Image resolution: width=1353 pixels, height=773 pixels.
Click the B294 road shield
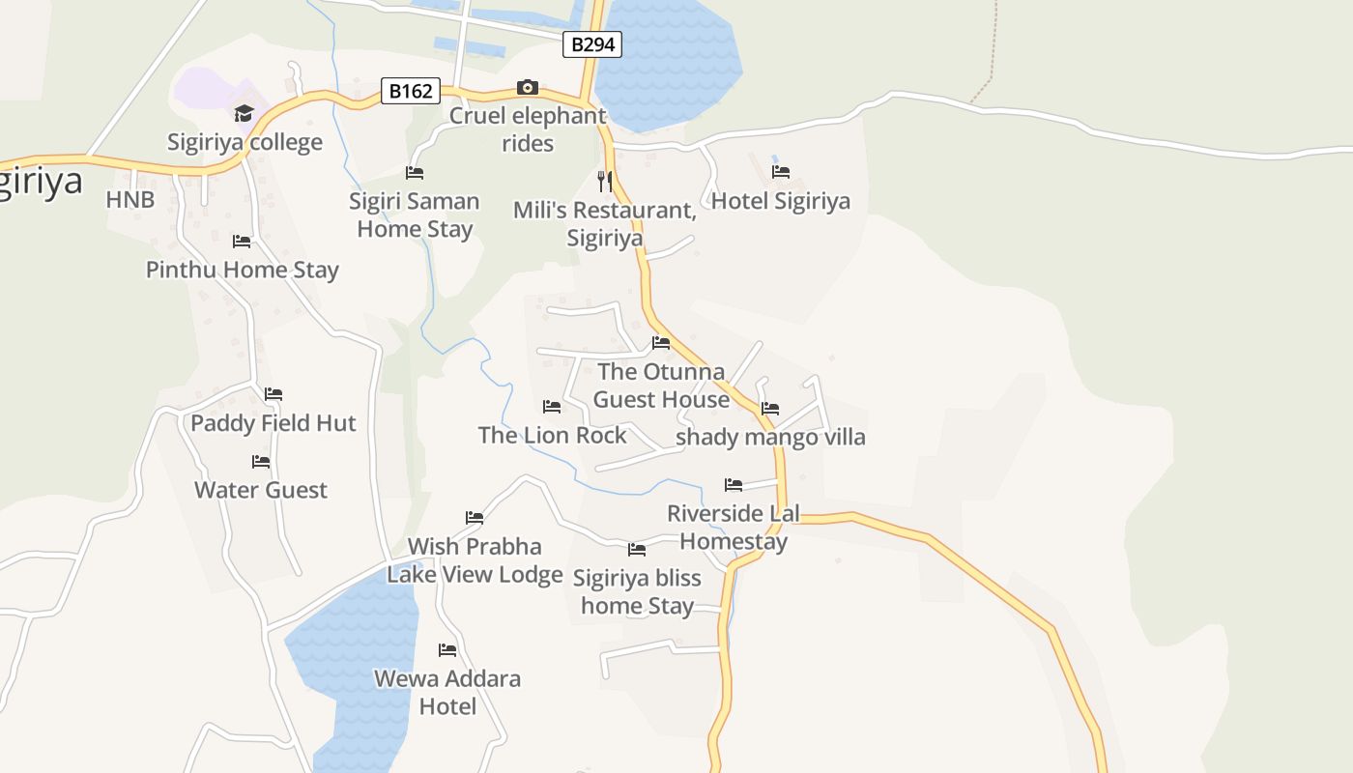[592, 44]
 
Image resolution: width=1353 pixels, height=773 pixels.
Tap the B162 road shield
[410, 92]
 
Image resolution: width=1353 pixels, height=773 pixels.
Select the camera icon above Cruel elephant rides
[527, 88]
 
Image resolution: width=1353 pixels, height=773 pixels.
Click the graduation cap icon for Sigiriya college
[244, 114]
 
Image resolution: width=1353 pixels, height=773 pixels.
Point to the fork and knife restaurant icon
[605, 181]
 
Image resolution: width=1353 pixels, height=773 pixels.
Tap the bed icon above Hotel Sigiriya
[781, 172]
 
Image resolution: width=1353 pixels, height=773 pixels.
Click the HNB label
[130, 200]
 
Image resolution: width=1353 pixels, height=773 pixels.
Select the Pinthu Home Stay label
[243, 270]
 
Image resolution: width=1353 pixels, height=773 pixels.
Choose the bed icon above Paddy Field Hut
[273, 394]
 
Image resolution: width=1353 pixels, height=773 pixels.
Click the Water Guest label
[261, 490]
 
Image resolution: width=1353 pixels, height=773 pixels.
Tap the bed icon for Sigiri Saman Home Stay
[415, 173]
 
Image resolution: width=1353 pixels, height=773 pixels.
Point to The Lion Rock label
[553, 436]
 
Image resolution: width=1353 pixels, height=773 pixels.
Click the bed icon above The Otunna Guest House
[661, 343]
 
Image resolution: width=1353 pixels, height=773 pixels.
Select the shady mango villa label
[770, 437]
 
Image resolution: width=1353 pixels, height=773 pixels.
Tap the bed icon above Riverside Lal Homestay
[734, 485]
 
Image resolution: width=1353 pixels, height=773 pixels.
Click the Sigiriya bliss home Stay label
[637, 591]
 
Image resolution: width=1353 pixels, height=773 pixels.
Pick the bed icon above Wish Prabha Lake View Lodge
[475, 518]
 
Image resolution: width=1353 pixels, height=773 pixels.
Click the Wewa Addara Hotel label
[447, 692]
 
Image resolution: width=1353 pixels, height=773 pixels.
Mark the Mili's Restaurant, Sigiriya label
[604, 224]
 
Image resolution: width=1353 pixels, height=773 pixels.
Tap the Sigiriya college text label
[245, 143]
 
